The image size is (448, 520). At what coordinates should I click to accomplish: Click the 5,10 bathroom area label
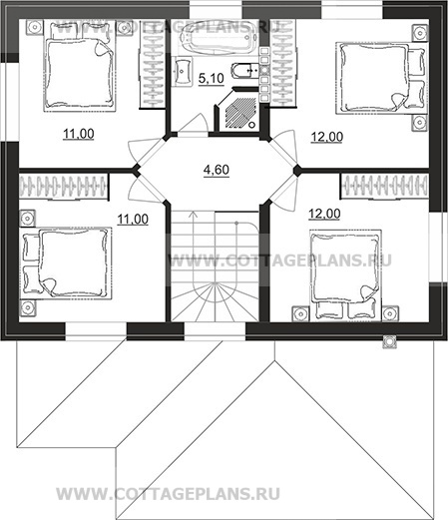click(x=212, y=79)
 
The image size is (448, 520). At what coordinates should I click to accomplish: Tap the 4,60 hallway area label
click(x=217, y=170)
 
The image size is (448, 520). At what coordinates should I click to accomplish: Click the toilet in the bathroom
click(x=243, y=71)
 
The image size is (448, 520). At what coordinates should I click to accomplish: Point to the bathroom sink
click(x=183, y=71)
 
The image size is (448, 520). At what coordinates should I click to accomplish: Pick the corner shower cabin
click(x=238, y=111)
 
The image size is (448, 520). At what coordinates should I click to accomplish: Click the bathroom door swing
click(x=194, y=124)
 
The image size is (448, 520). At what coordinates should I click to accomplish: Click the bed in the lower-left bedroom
click(x=66, y=263)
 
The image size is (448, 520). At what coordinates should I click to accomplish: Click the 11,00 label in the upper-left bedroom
click(x=79, y=134)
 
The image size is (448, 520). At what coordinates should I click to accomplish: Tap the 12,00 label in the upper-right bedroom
click(x=327, y=137)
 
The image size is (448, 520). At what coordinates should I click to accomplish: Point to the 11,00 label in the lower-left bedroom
click(x=133, y=220)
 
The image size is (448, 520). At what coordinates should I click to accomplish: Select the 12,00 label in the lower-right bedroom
click(x=324, y=214)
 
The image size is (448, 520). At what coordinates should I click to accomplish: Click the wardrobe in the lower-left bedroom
click(x=64, y=187)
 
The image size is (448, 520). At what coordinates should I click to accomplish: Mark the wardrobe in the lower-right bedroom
click(x=384, y=187)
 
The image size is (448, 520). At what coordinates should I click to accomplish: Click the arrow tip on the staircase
click(x=193, y=212)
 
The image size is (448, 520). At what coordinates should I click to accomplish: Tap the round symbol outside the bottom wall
click(x=389, y=341)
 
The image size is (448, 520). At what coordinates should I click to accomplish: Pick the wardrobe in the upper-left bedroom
click(x=153, y=64)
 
